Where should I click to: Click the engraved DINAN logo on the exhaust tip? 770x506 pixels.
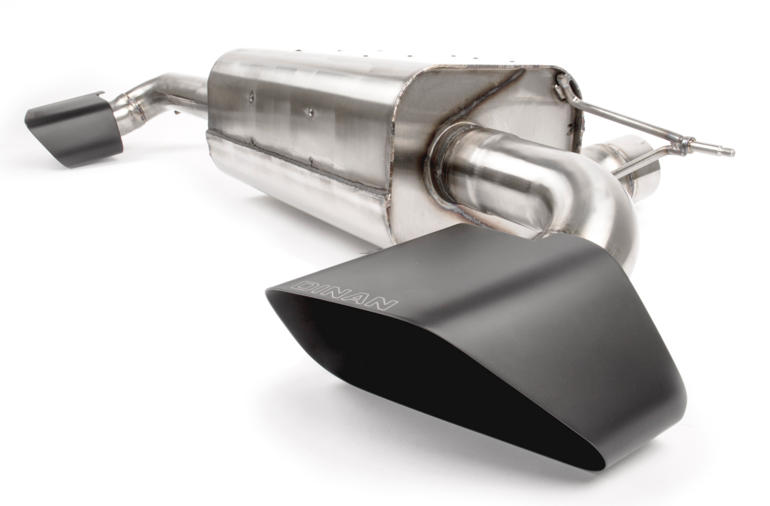coord(344,295)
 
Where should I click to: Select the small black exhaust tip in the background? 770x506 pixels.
coord(74,124)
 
